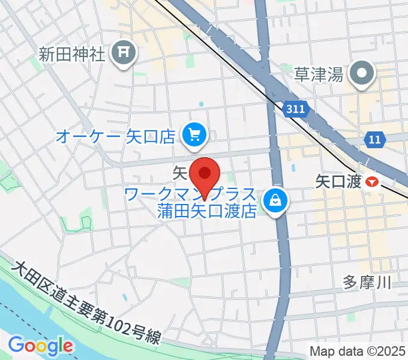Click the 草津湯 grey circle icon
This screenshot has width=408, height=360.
362,75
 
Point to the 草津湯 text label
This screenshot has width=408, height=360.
318,75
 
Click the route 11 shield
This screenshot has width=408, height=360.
374,140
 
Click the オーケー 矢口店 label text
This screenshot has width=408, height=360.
116,137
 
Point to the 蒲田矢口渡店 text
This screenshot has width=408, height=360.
206,211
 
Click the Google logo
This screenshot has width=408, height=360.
40,346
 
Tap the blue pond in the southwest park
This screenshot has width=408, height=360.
124,297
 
